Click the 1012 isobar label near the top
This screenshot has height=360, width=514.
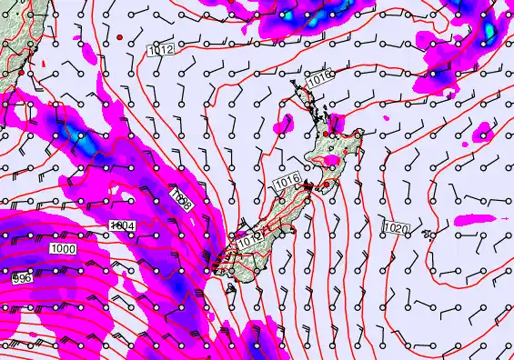pos(161,50)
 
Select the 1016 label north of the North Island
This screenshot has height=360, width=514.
pos(318,82)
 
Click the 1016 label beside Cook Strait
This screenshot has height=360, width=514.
pos(286,185)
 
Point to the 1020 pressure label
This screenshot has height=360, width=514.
pos(396,227)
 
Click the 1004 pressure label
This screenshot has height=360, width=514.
pos(121,225)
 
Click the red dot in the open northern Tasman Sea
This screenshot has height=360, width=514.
pos(119,37)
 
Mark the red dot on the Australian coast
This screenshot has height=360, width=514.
pos(21,72)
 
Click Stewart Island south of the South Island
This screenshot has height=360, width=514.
pos(231,288)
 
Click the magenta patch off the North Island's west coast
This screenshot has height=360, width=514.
pos(286,123)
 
